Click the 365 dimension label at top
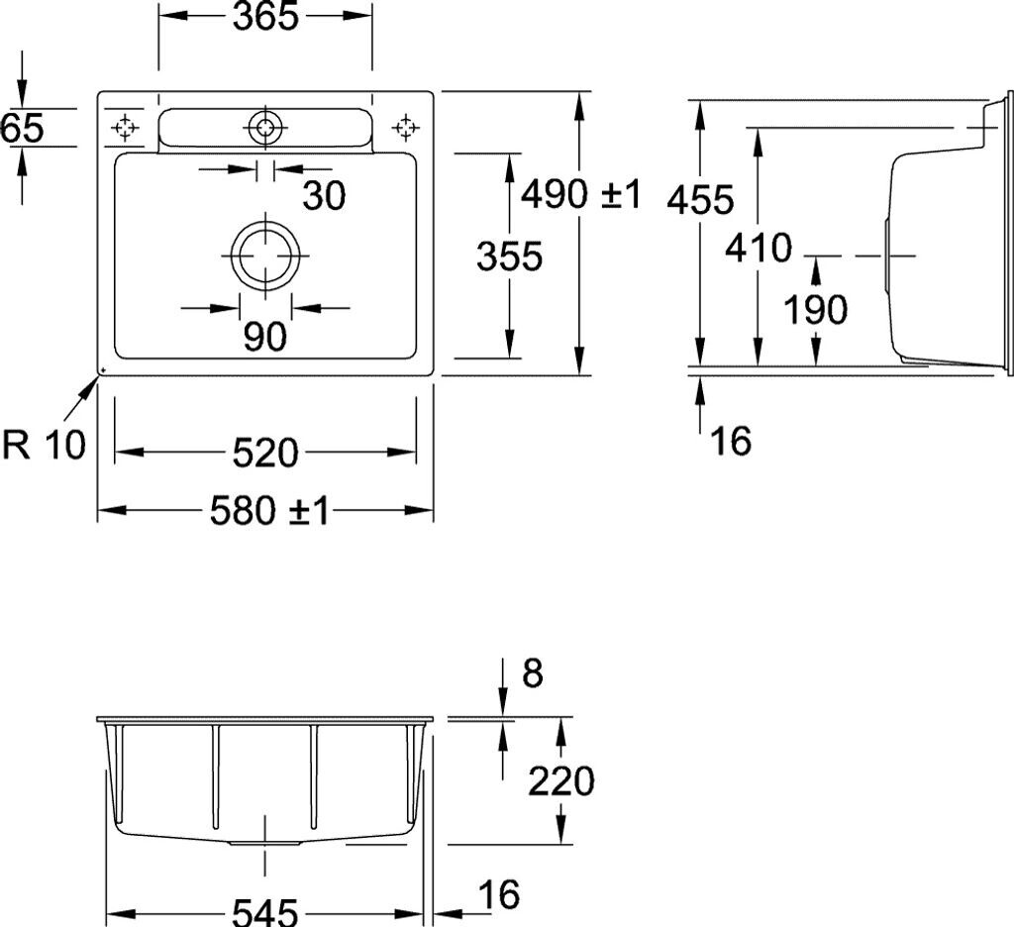265,17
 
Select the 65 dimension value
22,128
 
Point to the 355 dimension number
509,257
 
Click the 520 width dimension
264,453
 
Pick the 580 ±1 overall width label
268,511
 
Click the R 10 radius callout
45,446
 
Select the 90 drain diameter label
264,338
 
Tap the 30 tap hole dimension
324,196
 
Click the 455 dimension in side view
699,200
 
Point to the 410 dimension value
758,248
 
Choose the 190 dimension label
815,311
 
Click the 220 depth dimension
560,782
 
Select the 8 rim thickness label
532,673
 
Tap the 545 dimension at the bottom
264,912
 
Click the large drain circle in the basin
265,254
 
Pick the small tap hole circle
264,127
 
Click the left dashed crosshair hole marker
125,127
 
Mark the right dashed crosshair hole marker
404,127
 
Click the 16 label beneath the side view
731,441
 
